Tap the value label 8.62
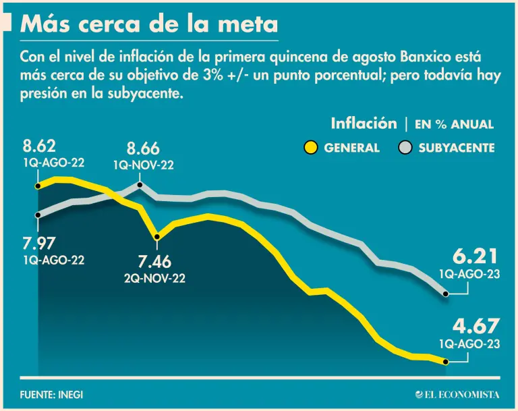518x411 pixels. click(x=39, y=146)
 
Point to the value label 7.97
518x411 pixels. click(x=39, y=244)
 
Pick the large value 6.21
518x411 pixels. click(x=475, y=257)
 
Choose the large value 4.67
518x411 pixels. click(x=475, y=327)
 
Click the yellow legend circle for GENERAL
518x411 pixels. click(x=311, y=147)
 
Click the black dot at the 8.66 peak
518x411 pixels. click(x=140, y=184)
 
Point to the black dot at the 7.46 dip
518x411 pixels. click(x=157, y=237)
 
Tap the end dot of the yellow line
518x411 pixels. click(x=446, y=362)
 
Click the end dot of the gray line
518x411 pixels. click(x=446, y=294)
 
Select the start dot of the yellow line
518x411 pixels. click(x=38, y=185)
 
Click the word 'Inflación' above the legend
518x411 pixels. click(x=364, y=124)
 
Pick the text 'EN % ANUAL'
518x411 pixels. click(x=454, y=124)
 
